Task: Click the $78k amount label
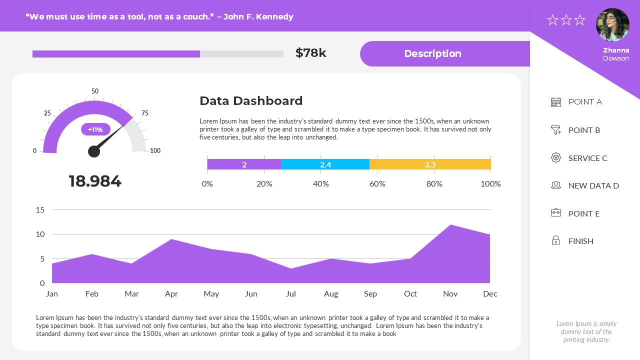point(310,53)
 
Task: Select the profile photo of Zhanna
point(612,24)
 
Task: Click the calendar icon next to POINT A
point(555,102)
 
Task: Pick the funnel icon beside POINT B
point(555,130)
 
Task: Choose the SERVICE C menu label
point(587,158)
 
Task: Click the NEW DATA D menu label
point(593,185)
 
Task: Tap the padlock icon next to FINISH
point(555,241)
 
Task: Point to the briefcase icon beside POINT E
point(555,213)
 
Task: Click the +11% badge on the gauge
point(95,129)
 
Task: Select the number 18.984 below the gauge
point(95,181)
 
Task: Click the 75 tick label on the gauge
point(145,113)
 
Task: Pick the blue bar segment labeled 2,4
point(325,164)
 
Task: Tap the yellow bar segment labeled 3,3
point(430,164)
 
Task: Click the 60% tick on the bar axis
point(377,184)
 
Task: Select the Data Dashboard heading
point(251,101)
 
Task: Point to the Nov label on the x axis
point(450,294)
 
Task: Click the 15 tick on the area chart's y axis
point(40,209)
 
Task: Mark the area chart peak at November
point(450,225)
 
